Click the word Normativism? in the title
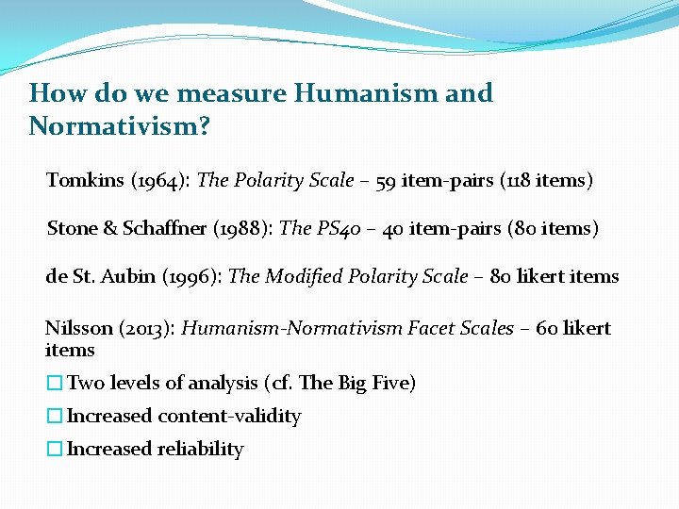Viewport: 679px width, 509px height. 120,125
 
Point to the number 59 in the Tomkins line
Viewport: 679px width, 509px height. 386,180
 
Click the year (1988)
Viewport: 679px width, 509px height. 246,228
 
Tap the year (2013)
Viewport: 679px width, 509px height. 149,328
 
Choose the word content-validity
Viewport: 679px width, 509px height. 229,416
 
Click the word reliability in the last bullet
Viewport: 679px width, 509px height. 202,449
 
